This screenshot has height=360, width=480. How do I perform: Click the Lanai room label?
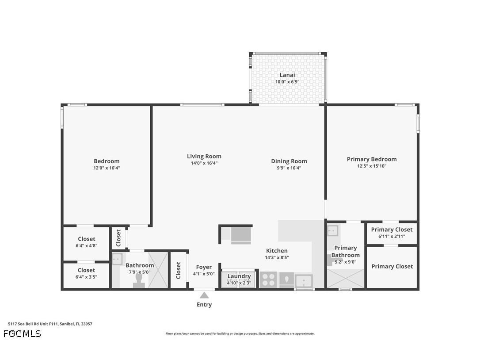tap(287, 75)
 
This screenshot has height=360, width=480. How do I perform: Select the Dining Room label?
tap(289, 161)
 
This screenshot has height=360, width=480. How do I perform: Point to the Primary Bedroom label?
tap(372, 159)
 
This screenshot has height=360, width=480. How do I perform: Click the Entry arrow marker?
tap(204, 295)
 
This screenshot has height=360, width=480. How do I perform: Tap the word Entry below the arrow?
tap(204, 305)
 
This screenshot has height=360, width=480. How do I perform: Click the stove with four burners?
tap(268, 280)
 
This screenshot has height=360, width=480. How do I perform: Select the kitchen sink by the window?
tap(304, 281)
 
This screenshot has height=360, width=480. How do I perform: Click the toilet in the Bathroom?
tap(139, 281)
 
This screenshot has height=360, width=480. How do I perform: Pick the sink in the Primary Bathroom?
tap(332, 230)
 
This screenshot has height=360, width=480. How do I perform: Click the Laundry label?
tap(239, 276)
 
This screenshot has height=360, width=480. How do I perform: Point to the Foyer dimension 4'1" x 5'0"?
tap(204, 274)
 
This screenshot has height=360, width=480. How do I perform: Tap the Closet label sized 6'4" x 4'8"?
tap(87, 239)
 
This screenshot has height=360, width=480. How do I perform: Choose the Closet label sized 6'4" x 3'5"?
tap(87, 270)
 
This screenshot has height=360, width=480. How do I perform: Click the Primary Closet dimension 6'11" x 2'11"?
tap(392, 236)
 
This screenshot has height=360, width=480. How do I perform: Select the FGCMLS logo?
tap(22, 334)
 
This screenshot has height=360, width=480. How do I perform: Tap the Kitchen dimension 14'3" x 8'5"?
tap(277, 257)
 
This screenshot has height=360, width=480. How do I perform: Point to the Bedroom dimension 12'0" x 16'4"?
tap(107, 168)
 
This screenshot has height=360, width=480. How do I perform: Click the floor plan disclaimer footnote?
tap(240, 334)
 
